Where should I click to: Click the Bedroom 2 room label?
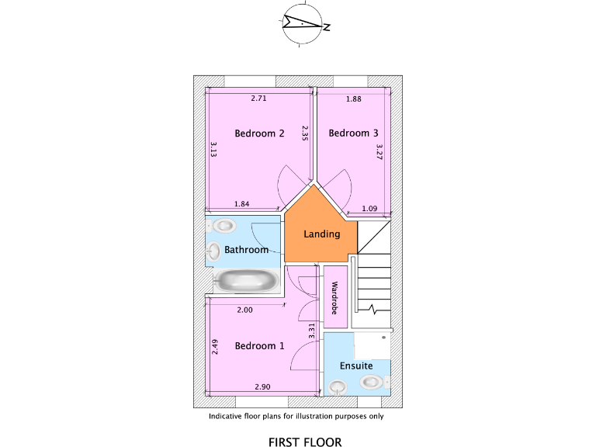(259, 133)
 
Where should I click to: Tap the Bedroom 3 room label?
(348, 133)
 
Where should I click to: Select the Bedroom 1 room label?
(259, 346)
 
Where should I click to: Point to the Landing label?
(321, 234)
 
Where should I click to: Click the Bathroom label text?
(246, 250)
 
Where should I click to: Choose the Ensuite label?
(356, 366)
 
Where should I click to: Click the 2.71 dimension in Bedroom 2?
(259, 99)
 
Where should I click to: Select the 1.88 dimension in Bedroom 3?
(354, 99)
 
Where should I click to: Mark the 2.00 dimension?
(244, 310)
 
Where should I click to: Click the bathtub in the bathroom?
(246, 281)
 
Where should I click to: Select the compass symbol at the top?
(303, 26)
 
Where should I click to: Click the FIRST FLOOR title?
(305, 442)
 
